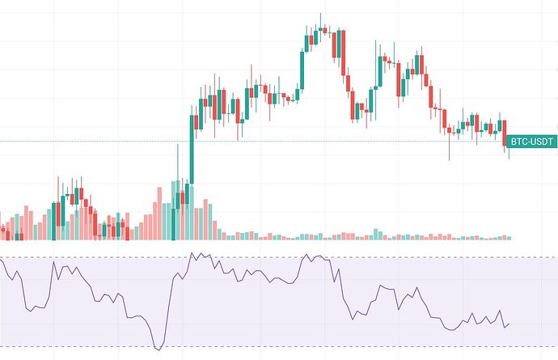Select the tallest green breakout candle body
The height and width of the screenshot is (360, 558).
pos(192,150)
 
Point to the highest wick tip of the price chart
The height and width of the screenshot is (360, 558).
pos(320,14)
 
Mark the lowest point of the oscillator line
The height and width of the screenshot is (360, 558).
pos(159,348)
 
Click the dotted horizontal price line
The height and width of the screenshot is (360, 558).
pos(97,142)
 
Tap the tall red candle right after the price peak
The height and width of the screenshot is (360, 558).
pos(343,53)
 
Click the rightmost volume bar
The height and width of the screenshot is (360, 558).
pos(509,237)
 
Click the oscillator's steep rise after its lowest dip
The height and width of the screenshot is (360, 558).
pos(171,299)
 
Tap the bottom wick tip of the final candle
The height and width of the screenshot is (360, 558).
pos(509,159)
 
